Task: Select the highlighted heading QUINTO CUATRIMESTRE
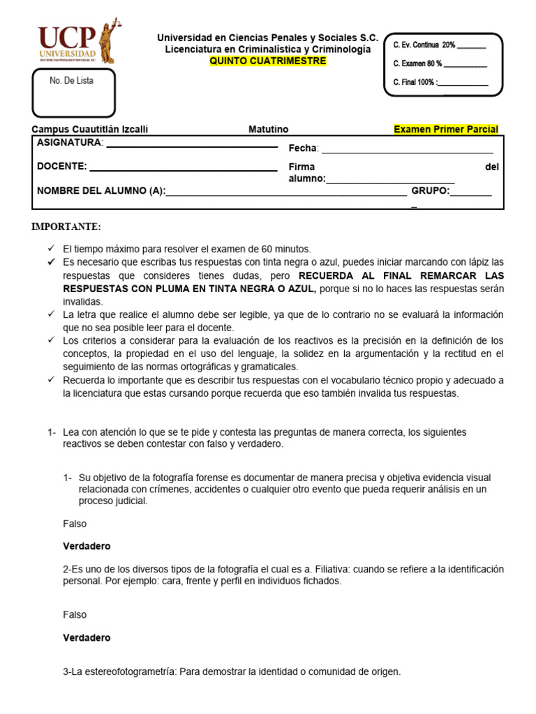click(268, 61)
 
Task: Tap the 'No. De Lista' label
click(71, 81)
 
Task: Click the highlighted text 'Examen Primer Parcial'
click(446, 129)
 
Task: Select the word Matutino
click(268, 129)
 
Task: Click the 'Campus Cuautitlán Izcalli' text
click(90, 129)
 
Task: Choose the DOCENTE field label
click(61, 166)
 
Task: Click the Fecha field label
click(304, 148)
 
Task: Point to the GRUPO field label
click(430, 190)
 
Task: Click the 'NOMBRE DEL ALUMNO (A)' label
click(100, 190)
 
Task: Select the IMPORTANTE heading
click(66, 227)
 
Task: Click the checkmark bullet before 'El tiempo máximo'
click(51, 249)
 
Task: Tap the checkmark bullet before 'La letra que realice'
click(51, 314)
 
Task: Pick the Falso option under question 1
click(75, 523)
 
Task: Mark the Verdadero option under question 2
click(87, 637)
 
